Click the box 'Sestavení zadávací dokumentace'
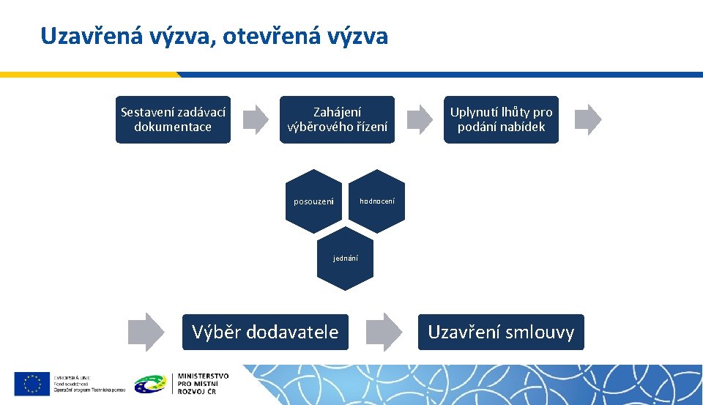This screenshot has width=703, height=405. [x=173, y=119]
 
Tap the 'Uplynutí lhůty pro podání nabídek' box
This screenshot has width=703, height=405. [x=501, y=119]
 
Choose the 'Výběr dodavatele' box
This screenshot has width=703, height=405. [x=265, y=332]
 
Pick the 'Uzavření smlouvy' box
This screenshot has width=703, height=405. [x=501, y=332]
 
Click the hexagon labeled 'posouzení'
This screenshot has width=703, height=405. [x=313, y=201]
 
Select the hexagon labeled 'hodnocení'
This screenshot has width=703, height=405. [x=376, y=201]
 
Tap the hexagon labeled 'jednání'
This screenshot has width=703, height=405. [x=345, y=259]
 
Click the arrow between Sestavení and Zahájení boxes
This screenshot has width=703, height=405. [x=256, y=119]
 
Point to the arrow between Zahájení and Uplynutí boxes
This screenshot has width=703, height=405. [x=420, y=119]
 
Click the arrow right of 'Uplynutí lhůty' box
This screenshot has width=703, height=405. [x=587, y=119]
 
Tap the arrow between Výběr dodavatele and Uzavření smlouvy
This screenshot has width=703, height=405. [x=384, y=332]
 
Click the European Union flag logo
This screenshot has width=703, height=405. [x=31, y=383]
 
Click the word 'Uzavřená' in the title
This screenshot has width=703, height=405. [x=85, y=36]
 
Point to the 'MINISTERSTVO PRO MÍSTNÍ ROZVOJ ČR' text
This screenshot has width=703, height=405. [x=203, y=383]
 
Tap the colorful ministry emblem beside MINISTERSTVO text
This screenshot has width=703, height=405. [x=151, y=383]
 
